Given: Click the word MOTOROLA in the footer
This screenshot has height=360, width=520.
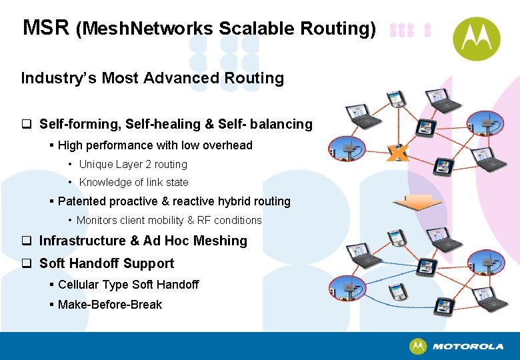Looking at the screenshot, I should click(467, 347).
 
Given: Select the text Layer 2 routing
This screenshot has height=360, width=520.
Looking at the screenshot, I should click(153, 164).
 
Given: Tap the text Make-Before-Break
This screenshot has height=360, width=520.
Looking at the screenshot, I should click(110, 305).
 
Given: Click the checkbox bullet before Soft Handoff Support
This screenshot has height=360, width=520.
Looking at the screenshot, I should click(27, 263).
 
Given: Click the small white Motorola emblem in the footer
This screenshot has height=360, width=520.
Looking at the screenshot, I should click(418, 347).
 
